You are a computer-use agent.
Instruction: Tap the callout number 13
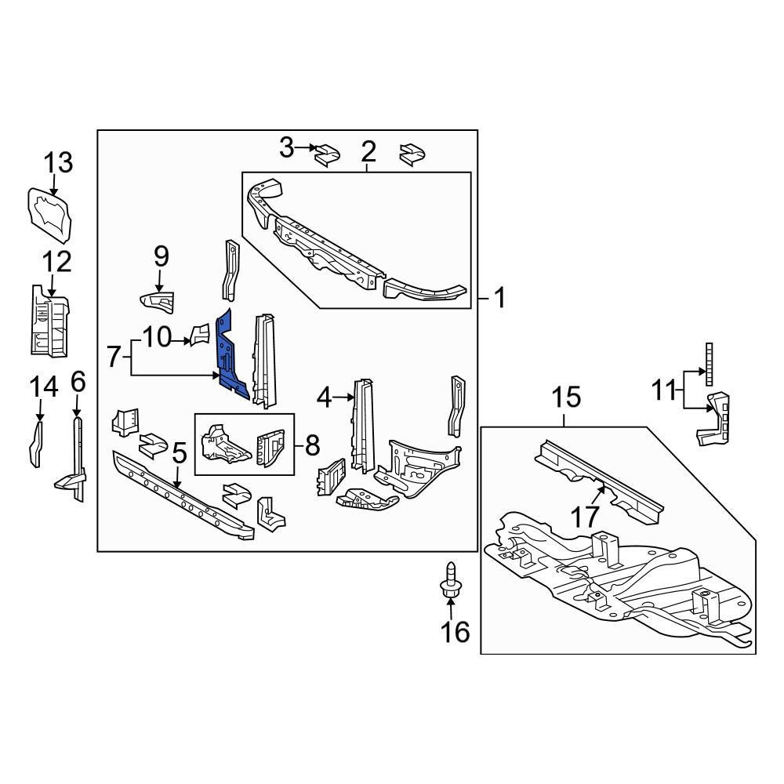59,163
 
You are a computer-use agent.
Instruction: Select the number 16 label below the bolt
455,632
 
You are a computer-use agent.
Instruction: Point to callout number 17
585,517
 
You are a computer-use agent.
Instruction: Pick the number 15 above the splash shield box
567,397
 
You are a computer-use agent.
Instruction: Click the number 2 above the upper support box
368,151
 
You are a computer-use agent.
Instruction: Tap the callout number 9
161,257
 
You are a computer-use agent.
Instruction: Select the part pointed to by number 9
157,302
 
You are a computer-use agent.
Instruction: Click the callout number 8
312,445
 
